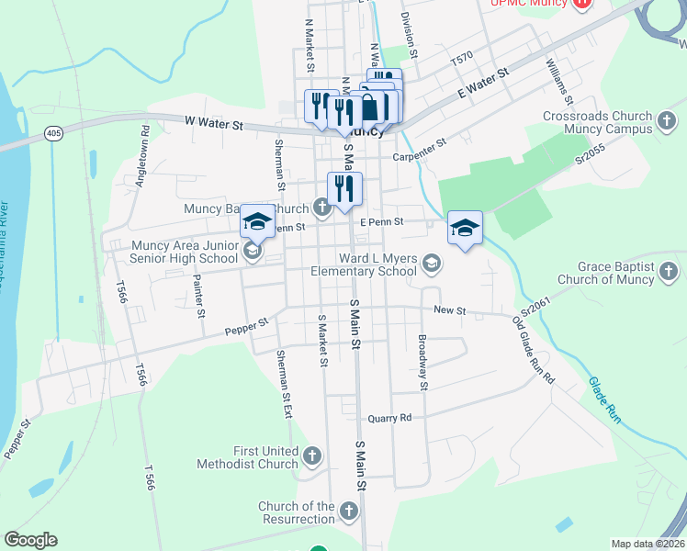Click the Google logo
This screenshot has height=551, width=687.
point(30,540)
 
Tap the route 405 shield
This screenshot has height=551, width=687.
point(54,134)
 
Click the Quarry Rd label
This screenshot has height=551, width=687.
point(389,418)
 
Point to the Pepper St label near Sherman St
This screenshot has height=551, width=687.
point(249,326)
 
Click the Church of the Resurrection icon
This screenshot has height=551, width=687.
point(348,510)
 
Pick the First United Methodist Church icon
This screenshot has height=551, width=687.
point(312,455)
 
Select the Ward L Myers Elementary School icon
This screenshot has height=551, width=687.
point(431,265)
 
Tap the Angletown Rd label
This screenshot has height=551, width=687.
point(142,164)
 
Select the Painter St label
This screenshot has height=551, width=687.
point(198,295)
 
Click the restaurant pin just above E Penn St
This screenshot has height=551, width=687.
point(344,189)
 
